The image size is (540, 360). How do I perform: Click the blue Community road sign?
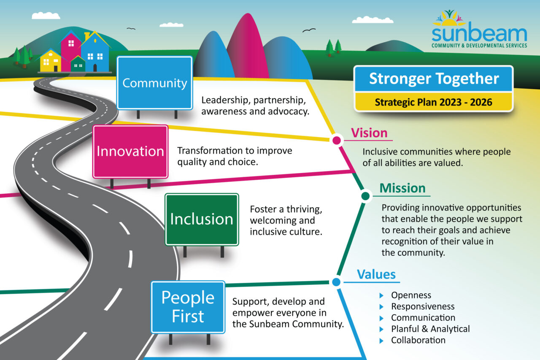[x=154, y=83]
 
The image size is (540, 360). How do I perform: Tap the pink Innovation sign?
[x=130, y=152]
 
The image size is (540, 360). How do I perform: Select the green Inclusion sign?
[x=202, y=219]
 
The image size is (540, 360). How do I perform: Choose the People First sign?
[x=188, y=307]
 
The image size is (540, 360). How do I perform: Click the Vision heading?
[x=369, y=133]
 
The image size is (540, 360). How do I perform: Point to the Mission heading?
[x=402, y=188]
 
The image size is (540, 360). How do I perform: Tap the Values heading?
[x=376, y=275]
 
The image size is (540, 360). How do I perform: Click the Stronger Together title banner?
[x=434, y=79]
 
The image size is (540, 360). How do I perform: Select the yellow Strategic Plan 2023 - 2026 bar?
[x=434, y=102]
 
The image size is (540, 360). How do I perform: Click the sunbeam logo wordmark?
[x=479, y=34]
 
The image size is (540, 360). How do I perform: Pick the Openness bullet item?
[x=411, y=295]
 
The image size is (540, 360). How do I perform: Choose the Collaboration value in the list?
[x=418, y=340]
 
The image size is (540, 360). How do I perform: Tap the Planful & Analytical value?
[x=430, y=329]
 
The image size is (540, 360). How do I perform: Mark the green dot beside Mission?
[x=366, y=196]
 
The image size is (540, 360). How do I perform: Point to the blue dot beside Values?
[x=336, y=282]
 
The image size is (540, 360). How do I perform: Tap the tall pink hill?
[x=248, y=46]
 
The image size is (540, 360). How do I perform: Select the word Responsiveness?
[x=423, y=306]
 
